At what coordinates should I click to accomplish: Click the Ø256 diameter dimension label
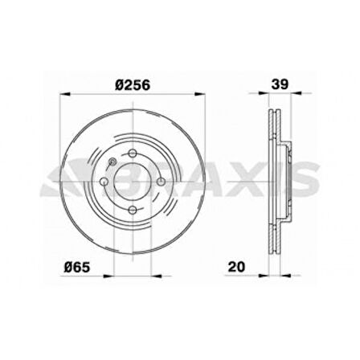click(133, 85)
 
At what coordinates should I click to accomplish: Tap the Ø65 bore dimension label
click(76, 267)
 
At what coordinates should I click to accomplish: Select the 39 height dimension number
click(280, 84)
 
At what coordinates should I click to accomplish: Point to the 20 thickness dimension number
click(236, 267)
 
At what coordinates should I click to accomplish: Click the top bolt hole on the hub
click(133, 153)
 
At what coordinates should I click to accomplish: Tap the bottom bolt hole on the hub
click(133, 210)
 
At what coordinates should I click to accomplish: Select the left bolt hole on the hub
click(104, 182)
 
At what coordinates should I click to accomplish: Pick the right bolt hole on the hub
click(161, 182)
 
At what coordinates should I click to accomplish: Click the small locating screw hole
click(112, 162)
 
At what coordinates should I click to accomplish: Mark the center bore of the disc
click(133, 182)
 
